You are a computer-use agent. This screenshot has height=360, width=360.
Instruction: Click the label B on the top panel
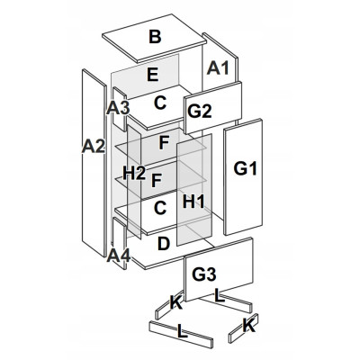(x=155, y=37)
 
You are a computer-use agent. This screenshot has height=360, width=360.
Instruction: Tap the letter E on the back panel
(x=153, y=75)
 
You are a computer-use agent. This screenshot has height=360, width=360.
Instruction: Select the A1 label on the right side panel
(x=218, y=68)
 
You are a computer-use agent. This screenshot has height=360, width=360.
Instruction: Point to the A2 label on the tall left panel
(x=94, y=147)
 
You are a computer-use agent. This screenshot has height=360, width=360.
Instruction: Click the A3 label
(x=118, y=108)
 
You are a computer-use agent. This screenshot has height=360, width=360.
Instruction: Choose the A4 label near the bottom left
(x=119, y=256)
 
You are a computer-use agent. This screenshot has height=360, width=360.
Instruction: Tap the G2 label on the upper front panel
(x=200, y=112)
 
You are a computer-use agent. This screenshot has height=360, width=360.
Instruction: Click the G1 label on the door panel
(x=246, y=168)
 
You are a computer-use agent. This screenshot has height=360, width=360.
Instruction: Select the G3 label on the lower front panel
(x=204, y=274)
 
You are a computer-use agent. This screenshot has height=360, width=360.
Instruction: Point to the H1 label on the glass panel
(x=193, y=202)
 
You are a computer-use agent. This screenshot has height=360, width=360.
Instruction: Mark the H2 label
(x=134, y=174)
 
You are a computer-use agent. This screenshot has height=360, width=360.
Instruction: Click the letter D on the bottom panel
(x=164, y=244)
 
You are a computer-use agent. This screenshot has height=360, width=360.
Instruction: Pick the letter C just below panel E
(x=160, y=103)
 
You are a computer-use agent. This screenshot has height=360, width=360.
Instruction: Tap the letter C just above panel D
(x=160, y=208)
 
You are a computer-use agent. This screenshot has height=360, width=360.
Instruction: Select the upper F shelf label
(x=164, y=143)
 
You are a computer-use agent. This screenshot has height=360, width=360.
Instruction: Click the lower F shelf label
(x=157, y=181)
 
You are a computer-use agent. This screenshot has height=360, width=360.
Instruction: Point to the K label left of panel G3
(x=176, y=302)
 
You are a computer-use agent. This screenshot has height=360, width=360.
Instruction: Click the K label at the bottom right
(x=249, y=326)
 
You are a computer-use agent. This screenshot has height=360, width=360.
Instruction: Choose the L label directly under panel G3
(x=220, y=296)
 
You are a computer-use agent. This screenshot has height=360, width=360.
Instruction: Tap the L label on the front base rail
(x=184, y=331)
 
